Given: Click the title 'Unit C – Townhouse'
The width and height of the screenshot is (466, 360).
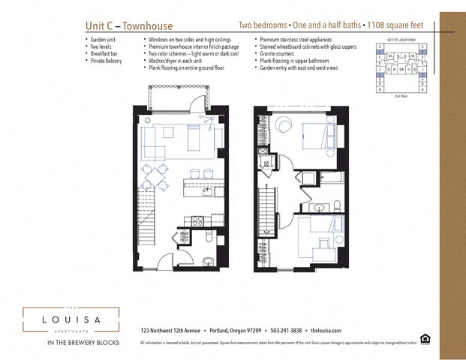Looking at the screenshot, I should coord(128,25).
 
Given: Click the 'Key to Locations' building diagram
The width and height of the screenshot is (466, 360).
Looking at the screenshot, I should coord(401,68).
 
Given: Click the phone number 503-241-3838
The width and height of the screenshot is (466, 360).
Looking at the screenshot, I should coord(284,330).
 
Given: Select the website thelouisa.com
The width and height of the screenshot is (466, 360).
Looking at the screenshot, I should coord(326,330).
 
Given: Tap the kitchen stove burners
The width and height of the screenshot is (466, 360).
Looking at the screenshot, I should coord(197,220).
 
